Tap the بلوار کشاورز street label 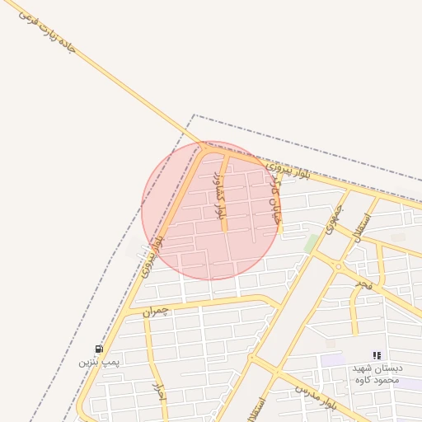(219, 195)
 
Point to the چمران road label (154, 311)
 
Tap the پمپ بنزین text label (100, 362)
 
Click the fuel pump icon (100, 349)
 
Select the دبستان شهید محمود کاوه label (376, 373)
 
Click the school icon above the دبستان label (377, 355)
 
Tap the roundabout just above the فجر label (339, 265)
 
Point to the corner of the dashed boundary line (195, 115)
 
